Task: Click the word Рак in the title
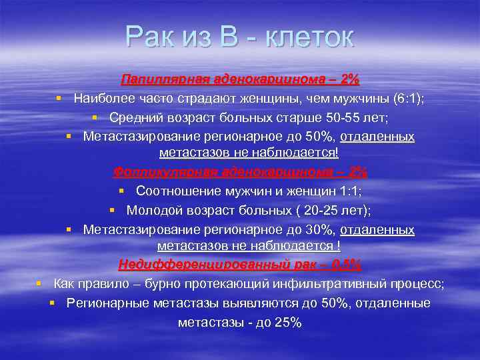tap(151, 37)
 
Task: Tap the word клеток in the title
tap(309, 37)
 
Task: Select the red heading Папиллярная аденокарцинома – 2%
tap(240, 80)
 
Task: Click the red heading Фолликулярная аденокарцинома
tap(240, 171)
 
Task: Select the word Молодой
tap(151, 210)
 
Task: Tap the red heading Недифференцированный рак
tap(240, 265)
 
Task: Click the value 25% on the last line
tap(288, 323)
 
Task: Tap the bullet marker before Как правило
tap(39, 283)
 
